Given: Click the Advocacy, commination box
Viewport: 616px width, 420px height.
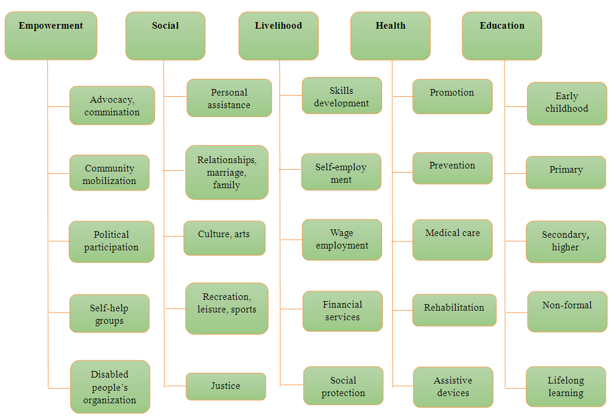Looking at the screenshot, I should coord(112,106).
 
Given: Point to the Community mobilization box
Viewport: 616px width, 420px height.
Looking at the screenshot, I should coord(109,173).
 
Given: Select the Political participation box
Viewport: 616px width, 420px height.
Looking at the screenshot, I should coord(111,241).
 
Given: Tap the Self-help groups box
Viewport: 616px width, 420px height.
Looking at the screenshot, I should coord(109,314).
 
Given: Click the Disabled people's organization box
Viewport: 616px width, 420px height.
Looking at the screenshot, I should coord(110,387).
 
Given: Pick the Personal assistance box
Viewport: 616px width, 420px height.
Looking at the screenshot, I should coord(229,99).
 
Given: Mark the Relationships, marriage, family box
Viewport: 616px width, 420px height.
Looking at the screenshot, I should coord(227,173).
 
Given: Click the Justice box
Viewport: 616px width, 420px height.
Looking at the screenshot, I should coord(226,387).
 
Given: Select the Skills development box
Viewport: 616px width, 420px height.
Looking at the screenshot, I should coord(341,96).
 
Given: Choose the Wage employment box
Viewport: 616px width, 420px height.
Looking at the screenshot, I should coord(342,240).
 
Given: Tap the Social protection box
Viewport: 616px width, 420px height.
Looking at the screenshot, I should coord(343,387).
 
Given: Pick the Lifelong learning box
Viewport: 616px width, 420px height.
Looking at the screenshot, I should coord(566,387).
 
